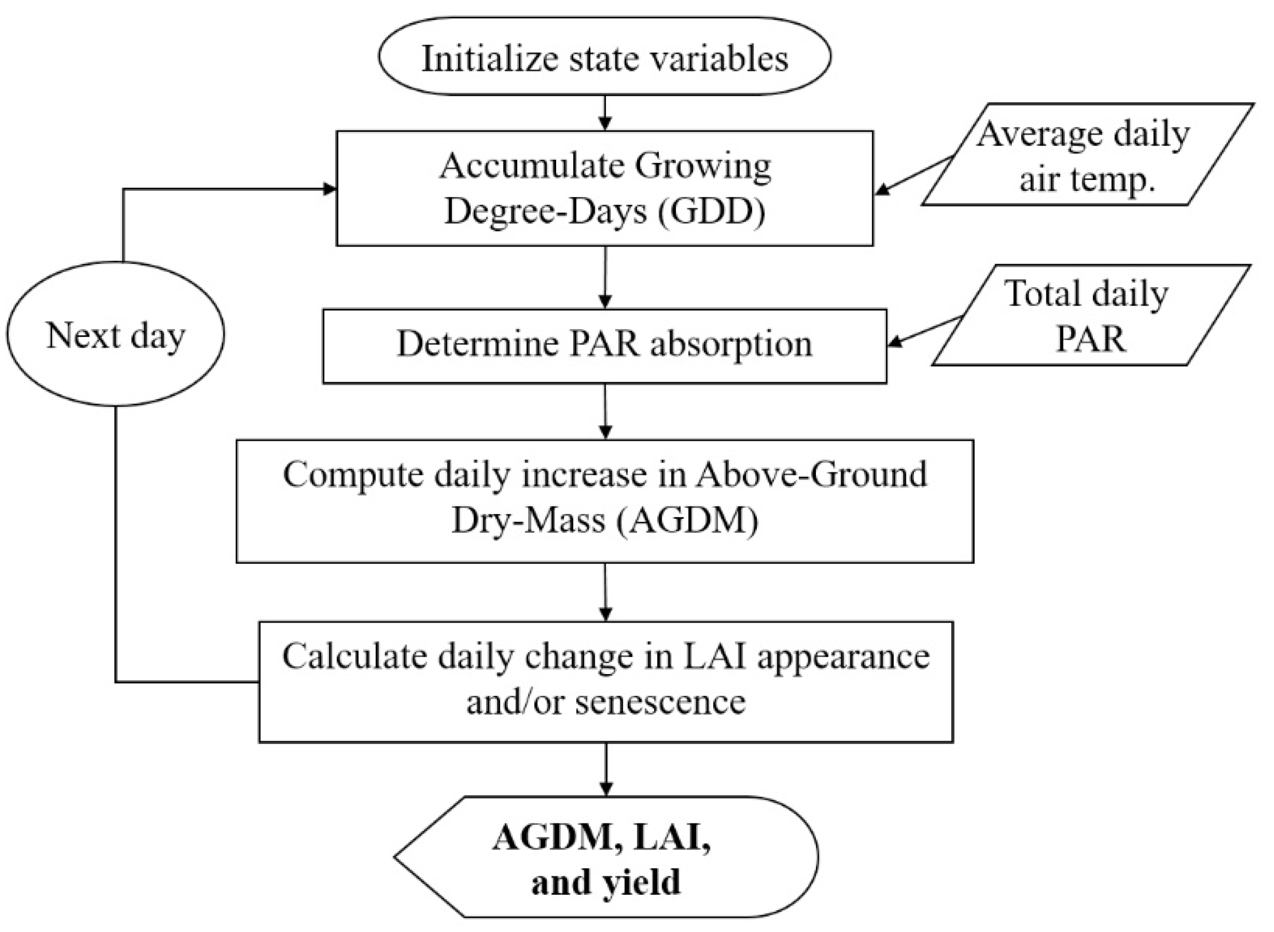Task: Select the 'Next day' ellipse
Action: point(115,334)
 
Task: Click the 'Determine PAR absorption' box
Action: point(604,345)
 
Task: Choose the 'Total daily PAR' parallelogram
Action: point(1089,315)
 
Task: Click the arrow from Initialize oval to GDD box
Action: point(605,113)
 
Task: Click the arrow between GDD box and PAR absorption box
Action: point(605,277)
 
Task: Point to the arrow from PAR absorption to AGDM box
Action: point(605,411)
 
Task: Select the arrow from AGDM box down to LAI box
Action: point(605,592)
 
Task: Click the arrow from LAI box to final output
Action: point(605,769)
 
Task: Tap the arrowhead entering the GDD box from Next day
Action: point(330,189)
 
